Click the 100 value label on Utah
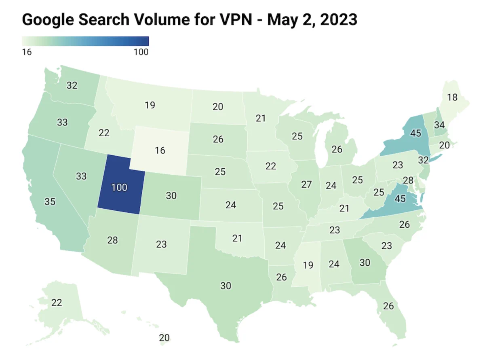[x=119, y=188]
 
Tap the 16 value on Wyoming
[x=160, y=150]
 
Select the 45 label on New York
[x=415, y=133]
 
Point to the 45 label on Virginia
[x=400, y=199]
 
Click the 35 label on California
[x=50, y=201]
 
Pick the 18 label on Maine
[x=452, y=97]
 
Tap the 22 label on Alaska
[x=57, y=303]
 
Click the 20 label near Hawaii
[x=164, y=338]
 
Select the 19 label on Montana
[x=150, y=105]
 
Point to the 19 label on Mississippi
[x=308, y=265]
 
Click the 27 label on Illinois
[x=306, y=184]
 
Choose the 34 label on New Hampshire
[x=439, y=125]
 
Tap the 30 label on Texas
[x=226, y=286]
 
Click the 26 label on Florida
[x=388, y=306]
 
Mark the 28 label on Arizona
[x=112, y=240]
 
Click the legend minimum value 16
[x=27, y=52]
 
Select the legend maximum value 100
[x=141, y=52]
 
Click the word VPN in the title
[x=236, y=20]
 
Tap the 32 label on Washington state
[x=72, y=85]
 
